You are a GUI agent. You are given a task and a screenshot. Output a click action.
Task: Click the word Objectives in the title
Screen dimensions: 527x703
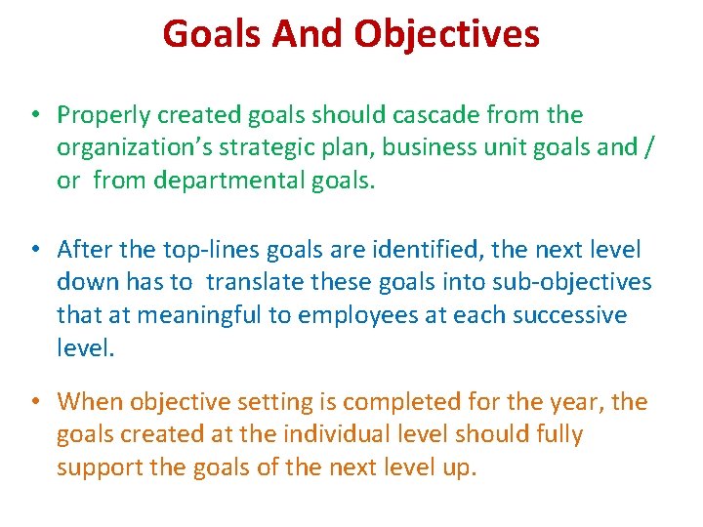(x=446, y=34)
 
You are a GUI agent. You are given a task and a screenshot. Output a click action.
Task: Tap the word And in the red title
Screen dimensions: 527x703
(x=302, y=34)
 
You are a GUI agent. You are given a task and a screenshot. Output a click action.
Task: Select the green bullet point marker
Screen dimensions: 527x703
(x=34, y=115)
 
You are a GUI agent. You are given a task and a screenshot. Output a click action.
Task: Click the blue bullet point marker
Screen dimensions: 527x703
(x=34, y=251)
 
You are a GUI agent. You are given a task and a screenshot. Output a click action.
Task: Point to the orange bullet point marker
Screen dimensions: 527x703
(x=34, y=402)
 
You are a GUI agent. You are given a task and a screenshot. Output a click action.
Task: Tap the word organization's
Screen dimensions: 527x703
(x=122, y=148)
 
